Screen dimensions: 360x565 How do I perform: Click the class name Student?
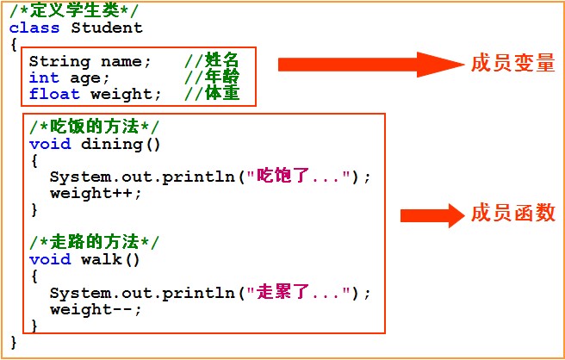pos(108,28)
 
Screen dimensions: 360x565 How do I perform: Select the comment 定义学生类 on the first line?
pos(72,11)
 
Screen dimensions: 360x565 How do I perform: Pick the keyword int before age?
pos(44,78)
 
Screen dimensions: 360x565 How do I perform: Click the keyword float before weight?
pos(54,94)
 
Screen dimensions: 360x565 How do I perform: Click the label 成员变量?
pos(512,65)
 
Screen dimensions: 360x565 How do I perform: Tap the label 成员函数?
pos(512,214)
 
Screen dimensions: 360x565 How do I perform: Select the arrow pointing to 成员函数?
pos(432,214)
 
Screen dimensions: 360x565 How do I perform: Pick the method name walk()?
pos(110,259)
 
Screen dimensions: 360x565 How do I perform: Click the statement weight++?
pos(96,193)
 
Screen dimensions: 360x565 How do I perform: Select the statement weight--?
pos(96,309)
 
